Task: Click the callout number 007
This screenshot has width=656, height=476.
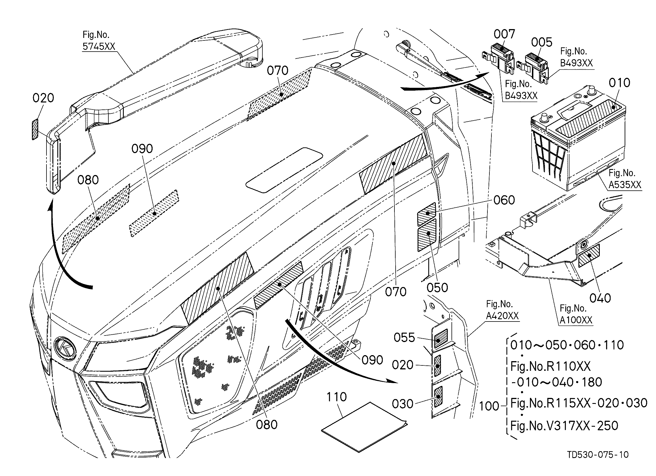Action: [x=504, y=34]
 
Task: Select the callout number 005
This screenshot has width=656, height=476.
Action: [x=542, y=42]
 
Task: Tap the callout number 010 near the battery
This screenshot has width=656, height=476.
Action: [x=619, y=83]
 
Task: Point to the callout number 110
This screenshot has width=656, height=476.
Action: [x=337, y=397]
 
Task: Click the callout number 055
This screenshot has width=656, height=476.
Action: [x=404, y=337]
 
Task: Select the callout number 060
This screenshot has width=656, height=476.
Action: [x=504, y=200]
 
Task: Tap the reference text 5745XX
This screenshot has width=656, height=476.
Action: [x=99, y=46]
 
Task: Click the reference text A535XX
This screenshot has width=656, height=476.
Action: [x=625, y=184]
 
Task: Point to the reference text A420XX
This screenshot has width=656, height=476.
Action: [x=503, y=316]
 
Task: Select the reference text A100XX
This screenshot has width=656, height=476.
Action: [x=576, y=320]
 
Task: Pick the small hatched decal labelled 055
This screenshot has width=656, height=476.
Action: [x=440, y=338]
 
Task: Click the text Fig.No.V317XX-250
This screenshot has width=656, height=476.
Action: [x=564, y=426]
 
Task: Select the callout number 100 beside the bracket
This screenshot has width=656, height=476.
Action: [x=489, y=406]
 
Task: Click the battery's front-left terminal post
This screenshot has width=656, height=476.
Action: [x=544, y=118]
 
